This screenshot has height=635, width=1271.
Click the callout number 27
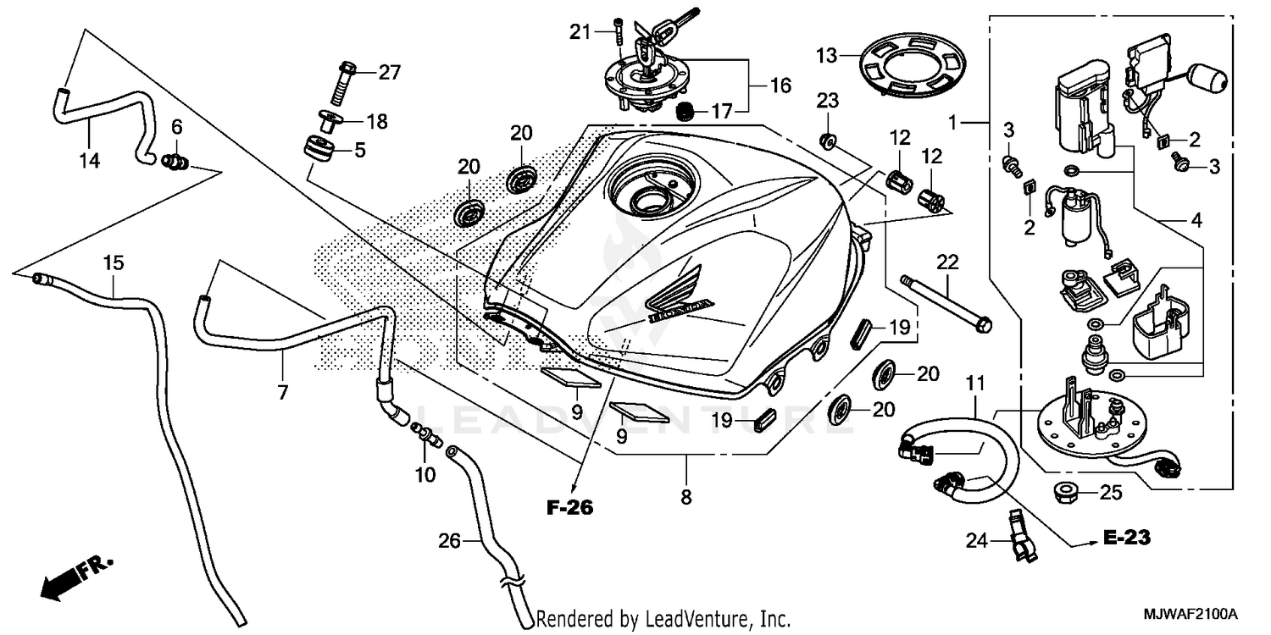(389, 72)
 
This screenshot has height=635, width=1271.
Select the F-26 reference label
(569, 508)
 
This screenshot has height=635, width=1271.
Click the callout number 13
(826, 56)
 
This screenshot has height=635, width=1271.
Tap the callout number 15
(114, 262)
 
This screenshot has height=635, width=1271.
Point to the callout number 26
(448, 538)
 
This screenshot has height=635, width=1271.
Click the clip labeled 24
(1019, 535)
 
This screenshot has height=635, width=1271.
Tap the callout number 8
(685, 496)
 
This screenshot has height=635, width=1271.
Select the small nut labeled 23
(828, 137)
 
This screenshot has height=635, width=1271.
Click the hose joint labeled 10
(426, 433)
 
